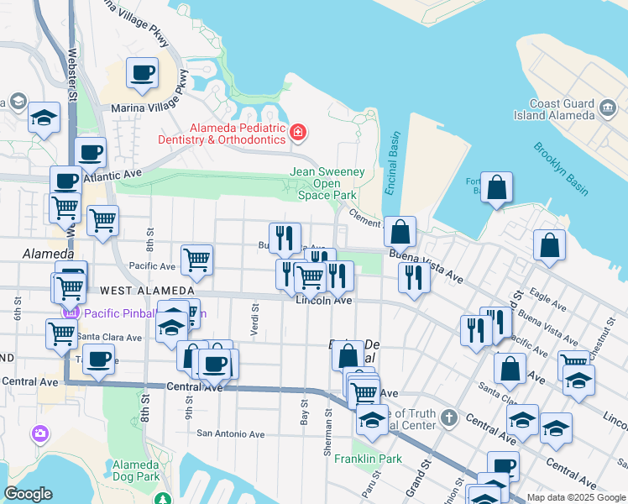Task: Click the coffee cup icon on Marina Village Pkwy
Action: click(142, 72)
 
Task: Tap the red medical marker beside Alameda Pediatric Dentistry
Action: click(297, 133)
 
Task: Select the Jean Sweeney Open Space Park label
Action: click(327, 183)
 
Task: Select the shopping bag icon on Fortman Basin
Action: click(497, 188)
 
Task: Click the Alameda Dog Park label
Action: click(136, 470)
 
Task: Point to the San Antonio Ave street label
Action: click(230, 434)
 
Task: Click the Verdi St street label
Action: click(254, 320)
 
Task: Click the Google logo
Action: click(28, 494)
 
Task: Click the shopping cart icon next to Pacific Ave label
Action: click(196, 260)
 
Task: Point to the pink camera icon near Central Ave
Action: click(39, 434)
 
